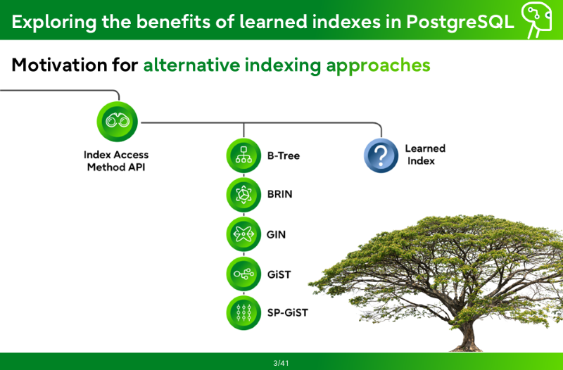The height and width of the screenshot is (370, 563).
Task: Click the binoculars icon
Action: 117,121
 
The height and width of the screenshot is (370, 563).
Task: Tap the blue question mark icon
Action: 381,155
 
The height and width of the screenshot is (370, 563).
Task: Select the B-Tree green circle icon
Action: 243,155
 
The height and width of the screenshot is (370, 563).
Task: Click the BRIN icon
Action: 243,195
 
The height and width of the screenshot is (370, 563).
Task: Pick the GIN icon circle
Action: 243,234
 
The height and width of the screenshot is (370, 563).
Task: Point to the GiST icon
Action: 243,274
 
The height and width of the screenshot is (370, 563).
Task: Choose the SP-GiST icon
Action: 243,312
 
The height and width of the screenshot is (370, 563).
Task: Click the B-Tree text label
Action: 284,155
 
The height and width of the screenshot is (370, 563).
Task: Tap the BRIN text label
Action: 279,194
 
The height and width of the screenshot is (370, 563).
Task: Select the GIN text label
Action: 276,235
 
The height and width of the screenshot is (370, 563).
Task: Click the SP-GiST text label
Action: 288,312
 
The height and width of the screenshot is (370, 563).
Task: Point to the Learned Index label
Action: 425,155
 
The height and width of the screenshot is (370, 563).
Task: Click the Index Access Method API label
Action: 116,161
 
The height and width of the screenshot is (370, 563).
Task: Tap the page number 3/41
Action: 281,363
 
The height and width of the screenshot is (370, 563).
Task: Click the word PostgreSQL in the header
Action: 460,22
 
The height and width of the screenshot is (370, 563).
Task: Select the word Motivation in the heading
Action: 59,65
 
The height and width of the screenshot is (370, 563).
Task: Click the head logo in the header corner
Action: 536,20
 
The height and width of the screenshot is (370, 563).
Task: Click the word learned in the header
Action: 273,22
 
